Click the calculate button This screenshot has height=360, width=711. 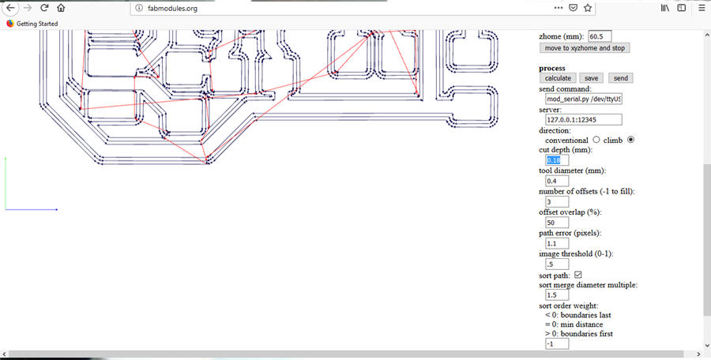click(x=558, y=78)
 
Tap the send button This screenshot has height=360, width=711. click(x=620, y=78)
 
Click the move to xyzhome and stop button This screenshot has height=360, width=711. click(x=585, y=47)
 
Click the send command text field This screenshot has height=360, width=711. click(x=583, y=99)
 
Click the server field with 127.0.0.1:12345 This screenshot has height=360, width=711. click(x=583, y=120)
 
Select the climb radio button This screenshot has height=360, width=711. click(x=631, y=140)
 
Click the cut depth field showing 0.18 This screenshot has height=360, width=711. click(x=556, y=160)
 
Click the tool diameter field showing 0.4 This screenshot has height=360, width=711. click(x=556, y=181)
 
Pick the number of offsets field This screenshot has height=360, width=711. click(x=556, y=201)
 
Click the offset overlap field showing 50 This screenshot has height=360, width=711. click(x=556, y=223)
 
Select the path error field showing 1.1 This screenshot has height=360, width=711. click(x=556, y=243)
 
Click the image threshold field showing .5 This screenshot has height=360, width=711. click(x=556, y=264)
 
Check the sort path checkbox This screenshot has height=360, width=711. click(x=577, y=275)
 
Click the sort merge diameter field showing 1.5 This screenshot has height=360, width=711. click(x=556, y=294)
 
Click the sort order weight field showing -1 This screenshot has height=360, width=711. click(x=556, y=343)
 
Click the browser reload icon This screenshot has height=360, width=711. click(x=44, y=8)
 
